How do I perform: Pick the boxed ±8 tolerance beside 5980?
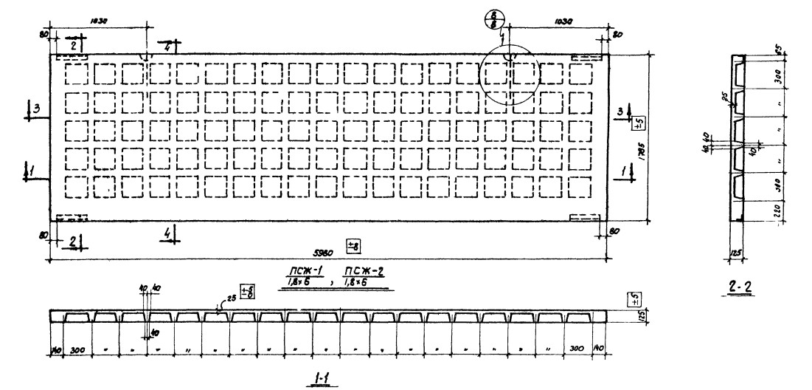pos(353,244)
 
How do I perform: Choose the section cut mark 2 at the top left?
pos(74,45)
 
